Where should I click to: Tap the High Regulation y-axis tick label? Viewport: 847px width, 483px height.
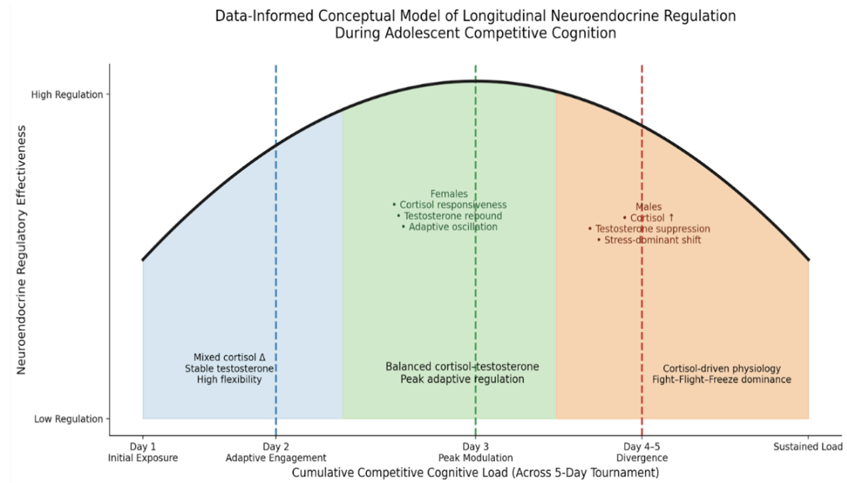click(67, 95)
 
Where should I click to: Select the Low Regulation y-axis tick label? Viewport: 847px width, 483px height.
click(69, 419)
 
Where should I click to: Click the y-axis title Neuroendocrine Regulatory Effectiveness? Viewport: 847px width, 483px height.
click(21, 250)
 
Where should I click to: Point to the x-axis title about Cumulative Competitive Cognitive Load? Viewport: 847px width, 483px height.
click(476, 473)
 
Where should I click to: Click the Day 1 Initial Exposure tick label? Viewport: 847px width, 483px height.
click(143, 452)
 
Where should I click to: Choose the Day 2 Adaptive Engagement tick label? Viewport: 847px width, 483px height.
click(276, 452)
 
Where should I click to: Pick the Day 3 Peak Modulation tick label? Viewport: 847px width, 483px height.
click(476, 452)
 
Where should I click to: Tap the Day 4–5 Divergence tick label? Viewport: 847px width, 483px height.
click(642, 452)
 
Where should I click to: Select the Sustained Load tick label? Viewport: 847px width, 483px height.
click(808, 447)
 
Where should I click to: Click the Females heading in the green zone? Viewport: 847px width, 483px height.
click(450, 194)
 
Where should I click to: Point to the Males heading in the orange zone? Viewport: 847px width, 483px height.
click(648, 207)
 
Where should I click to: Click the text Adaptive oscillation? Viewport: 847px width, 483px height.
click(453, 227)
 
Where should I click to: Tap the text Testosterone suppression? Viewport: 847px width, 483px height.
click(653, 229)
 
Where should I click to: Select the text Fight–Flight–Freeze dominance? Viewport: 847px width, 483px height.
click(722, 380)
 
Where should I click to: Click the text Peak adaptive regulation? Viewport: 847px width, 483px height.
click(462, 379)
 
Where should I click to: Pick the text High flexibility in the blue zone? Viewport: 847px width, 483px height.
click(229, 380)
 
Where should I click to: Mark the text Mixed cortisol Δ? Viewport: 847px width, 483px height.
click(229, 358)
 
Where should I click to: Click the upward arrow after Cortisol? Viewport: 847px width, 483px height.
click(671, 218)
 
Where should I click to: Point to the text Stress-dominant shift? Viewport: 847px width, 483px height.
click(653, 240)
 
